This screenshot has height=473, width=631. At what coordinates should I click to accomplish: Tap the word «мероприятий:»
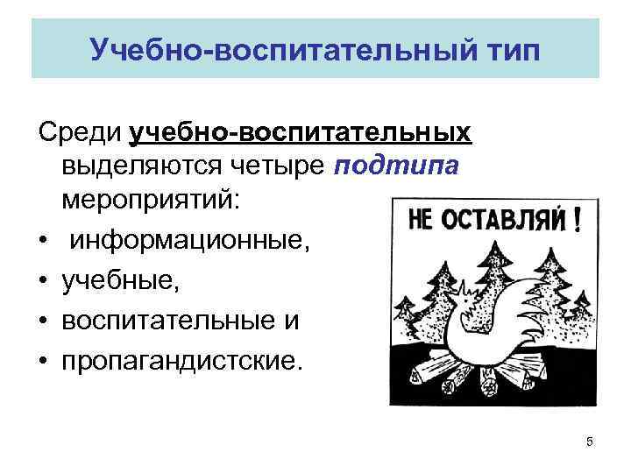[149, 199]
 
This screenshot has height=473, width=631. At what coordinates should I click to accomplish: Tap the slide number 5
[589, 442]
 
